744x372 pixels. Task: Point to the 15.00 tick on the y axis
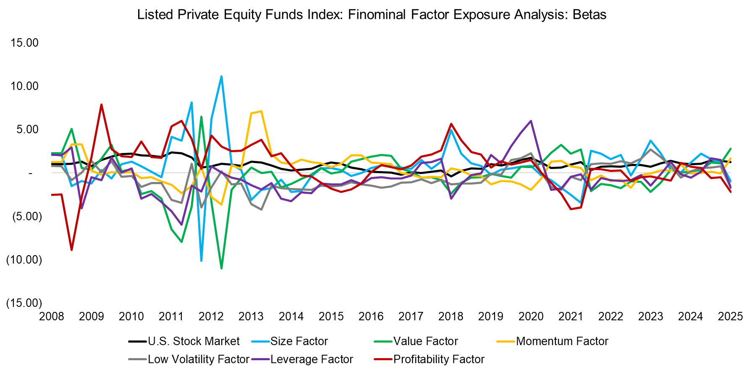point(25,43)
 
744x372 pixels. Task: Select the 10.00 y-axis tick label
point(25,86)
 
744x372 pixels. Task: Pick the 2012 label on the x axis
point(211,317)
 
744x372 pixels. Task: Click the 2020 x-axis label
point(531,317)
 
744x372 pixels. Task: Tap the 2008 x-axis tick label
point(51,317)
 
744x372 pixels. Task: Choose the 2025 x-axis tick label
point(730,317)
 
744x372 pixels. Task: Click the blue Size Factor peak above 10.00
point(221,77)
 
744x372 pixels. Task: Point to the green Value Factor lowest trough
point(221,268)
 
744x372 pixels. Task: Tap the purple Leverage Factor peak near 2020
point(531,121)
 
